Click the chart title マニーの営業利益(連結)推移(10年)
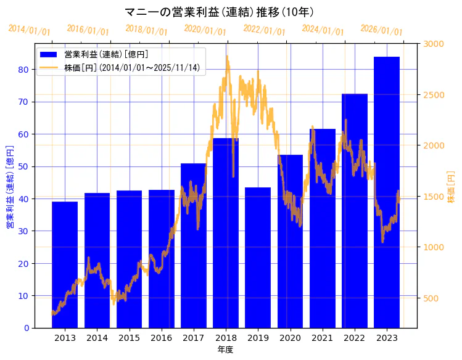tap(219, 12)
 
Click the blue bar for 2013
tap(65, 264)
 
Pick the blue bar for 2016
tap(162, 258)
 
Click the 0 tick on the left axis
tap(26, 328)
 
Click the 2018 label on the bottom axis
tap(226, 338)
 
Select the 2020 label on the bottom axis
tap(290, 338)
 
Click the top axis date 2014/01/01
tap(29, 30)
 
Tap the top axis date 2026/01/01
tap(381, 30)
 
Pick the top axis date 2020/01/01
tap(205, 30)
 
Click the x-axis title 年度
tap(225, 350)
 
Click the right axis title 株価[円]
tap(451, 187)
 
